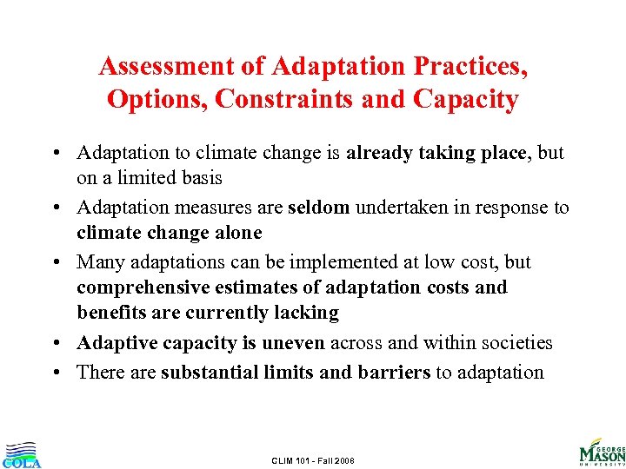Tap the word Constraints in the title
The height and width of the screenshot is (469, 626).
point(283,100)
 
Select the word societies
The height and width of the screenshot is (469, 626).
point(516,344)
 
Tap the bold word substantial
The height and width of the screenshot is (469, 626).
point(216,373)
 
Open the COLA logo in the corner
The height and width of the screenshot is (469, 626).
point(21,454)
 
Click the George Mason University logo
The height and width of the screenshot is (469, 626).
point(602,451)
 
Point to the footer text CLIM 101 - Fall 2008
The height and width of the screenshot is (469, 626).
point(312,459)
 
